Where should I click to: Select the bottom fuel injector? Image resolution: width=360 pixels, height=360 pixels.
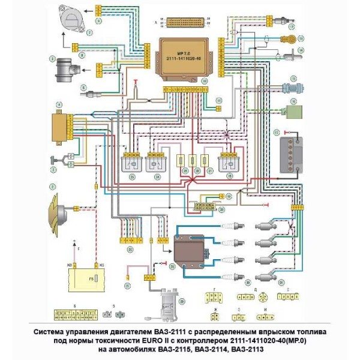click(x=268, y=277)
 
